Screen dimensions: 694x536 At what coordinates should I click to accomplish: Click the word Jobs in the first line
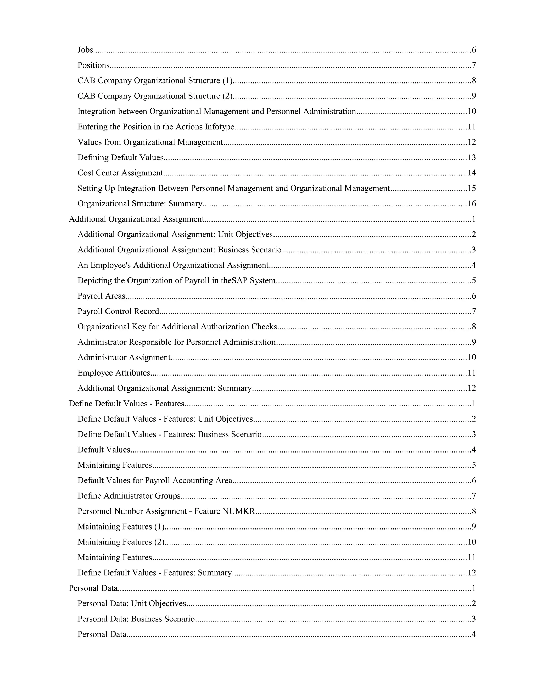click(x=85, y=50)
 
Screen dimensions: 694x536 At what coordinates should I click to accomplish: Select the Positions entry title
click(x=93, y=65)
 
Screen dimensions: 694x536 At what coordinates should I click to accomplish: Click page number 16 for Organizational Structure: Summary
click(x=472, y=204)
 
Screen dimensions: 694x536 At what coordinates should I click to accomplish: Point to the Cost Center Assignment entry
click(x=120, y=173)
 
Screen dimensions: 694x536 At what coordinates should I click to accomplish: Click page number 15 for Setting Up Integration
click(x=472, y=189)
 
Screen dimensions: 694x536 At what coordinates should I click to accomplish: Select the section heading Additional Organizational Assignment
click(x=136, y=219)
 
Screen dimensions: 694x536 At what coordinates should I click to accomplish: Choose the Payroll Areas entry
click(x=101, y=296)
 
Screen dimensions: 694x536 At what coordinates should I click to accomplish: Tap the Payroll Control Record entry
click(x=118, y=311)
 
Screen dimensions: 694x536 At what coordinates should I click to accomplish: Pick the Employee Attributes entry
click(x=114, y=373)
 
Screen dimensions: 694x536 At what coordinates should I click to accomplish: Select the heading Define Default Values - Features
click(x=126, y=404)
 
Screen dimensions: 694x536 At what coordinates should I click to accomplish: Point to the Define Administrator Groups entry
click(x=129, y=496)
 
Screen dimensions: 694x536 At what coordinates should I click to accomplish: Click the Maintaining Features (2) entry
click(x=121, y=542)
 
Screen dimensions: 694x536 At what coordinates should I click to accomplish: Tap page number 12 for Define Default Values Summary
click(x=472, y=573)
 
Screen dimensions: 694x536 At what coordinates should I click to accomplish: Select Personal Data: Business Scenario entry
click(x=136, y=619)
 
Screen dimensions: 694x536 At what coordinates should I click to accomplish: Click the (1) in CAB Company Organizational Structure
click(x=227, y=81)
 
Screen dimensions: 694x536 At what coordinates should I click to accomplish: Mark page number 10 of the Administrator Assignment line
click(x=472, y=357)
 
